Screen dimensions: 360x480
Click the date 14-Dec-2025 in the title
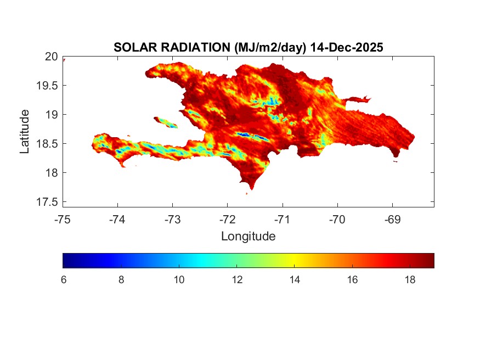346,48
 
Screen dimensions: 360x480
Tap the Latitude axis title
25,131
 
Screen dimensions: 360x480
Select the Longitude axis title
248,237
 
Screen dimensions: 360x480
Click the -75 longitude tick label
63,220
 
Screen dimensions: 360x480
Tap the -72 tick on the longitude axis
228,220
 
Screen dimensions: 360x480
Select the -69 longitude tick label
392,220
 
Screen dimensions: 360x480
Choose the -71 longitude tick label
283,220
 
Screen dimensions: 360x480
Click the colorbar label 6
64,280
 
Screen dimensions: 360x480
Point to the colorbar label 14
295,280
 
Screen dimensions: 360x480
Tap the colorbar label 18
410,280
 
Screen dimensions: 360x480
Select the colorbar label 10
179,280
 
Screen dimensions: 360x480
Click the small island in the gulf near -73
166,122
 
